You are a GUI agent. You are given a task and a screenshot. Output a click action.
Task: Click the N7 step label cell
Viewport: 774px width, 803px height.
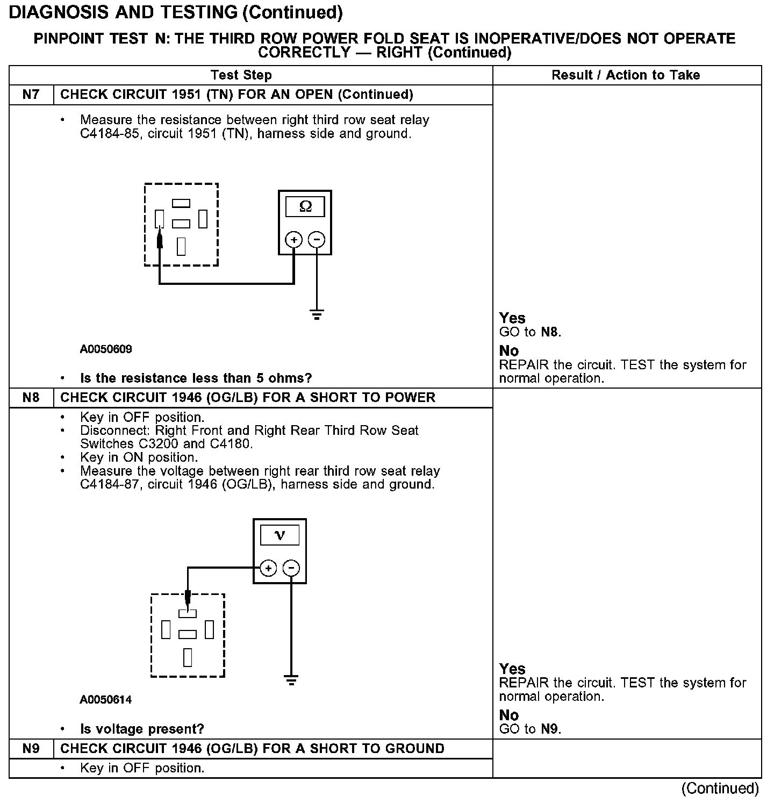(x=31, y=95)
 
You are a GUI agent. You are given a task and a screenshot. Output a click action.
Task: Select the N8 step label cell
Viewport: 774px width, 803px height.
(x=31, y=398)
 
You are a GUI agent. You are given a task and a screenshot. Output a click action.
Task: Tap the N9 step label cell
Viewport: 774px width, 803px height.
(x=31, y=749)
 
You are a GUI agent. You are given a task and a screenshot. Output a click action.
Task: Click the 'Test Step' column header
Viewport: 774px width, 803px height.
(x=241, y=75)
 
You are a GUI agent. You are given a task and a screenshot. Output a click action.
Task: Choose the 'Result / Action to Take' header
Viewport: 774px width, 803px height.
(x=626, y=75)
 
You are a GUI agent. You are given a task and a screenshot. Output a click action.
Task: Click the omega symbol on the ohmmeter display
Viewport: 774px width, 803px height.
(x=305, y=207)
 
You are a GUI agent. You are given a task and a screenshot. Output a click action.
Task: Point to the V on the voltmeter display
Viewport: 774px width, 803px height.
(x=279, y=535)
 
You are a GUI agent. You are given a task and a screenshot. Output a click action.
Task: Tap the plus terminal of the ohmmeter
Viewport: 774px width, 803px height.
(x=293, y=240)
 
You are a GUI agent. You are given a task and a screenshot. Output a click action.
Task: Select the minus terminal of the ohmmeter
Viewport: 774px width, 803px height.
(x=317, y=240)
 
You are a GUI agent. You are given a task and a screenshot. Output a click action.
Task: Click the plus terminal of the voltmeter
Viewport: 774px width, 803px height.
(x=268, y=568)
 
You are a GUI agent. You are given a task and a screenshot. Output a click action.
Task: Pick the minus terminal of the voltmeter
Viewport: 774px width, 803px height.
(x=291, y=568)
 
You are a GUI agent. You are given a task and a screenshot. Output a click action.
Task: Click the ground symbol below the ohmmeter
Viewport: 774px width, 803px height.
(x=317, y=315)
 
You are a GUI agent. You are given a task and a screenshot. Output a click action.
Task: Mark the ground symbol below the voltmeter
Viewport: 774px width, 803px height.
(x=291, y=680)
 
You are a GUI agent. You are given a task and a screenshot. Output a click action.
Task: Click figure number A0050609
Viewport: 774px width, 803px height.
(x=106, y=349)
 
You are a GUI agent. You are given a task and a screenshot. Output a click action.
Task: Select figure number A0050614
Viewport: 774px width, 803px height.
(x=106, y=700)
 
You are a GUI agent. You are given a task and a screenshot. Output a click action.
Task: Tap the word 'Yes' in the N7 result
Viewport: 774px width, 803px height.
(x=512, y=318)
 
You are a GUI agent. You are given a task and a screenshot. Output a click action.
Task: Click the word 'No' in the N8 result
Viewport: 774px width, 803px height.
(x=509, y=715)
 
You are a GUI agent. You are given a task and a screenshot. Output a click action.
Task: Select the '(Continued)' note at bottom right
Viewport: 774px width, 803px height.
(x=720, y=788)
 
